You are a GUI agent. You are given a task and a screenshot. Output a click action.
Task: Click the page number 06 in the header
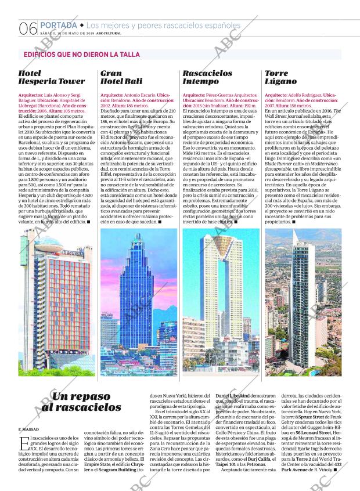[x=28, y=28]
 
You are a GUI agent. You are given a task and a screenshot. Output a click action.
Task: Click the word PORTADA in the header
[x=58, y=26]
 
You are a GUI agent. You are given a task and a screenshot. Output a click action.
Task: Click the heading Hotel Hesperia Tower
[x=51, y=78]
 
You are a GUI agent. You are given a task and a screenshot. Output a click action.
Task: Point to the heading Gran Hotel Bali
[x=121, y=78]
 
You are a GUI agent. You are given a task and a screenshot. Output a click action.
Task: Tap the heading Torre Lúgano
[x=281, y=78]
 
